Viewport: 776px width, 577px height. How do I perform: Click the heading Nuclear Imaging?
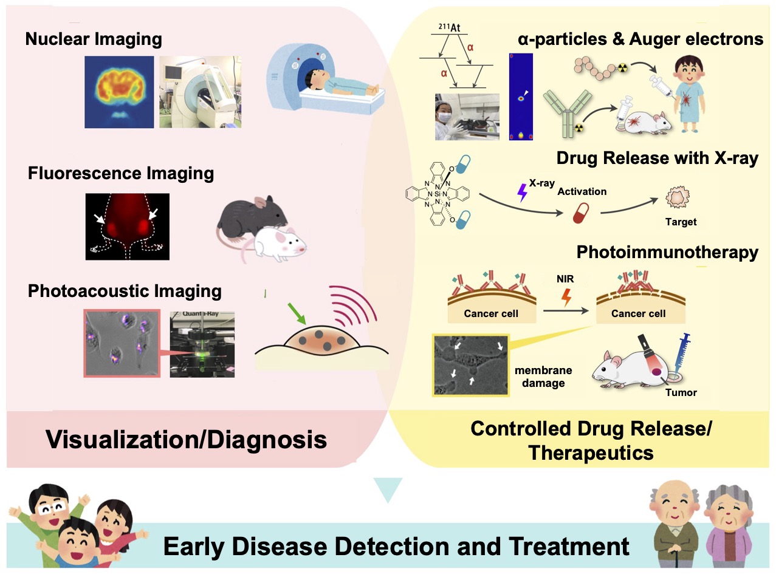[x=94, y=40]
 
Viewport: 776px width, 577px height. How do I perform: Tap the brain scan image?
[x=119, y=91]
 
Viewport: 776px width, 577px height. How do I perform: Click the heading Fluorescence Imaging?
[x=121, y=174]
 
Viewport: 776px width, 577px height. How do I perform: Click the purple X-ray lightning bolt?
[x=521, y=193]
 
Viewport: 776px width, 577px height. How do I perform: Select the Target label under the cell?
[x=681, y=222]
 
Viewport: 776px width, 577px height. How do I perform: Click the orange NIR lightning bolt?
[x=567, y=297]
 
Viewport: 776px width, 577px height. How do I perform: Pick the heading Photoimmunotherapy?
[x=667, y=252]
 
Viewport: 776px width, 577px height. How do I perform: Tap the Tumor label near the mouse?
[x=681, y=392]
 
